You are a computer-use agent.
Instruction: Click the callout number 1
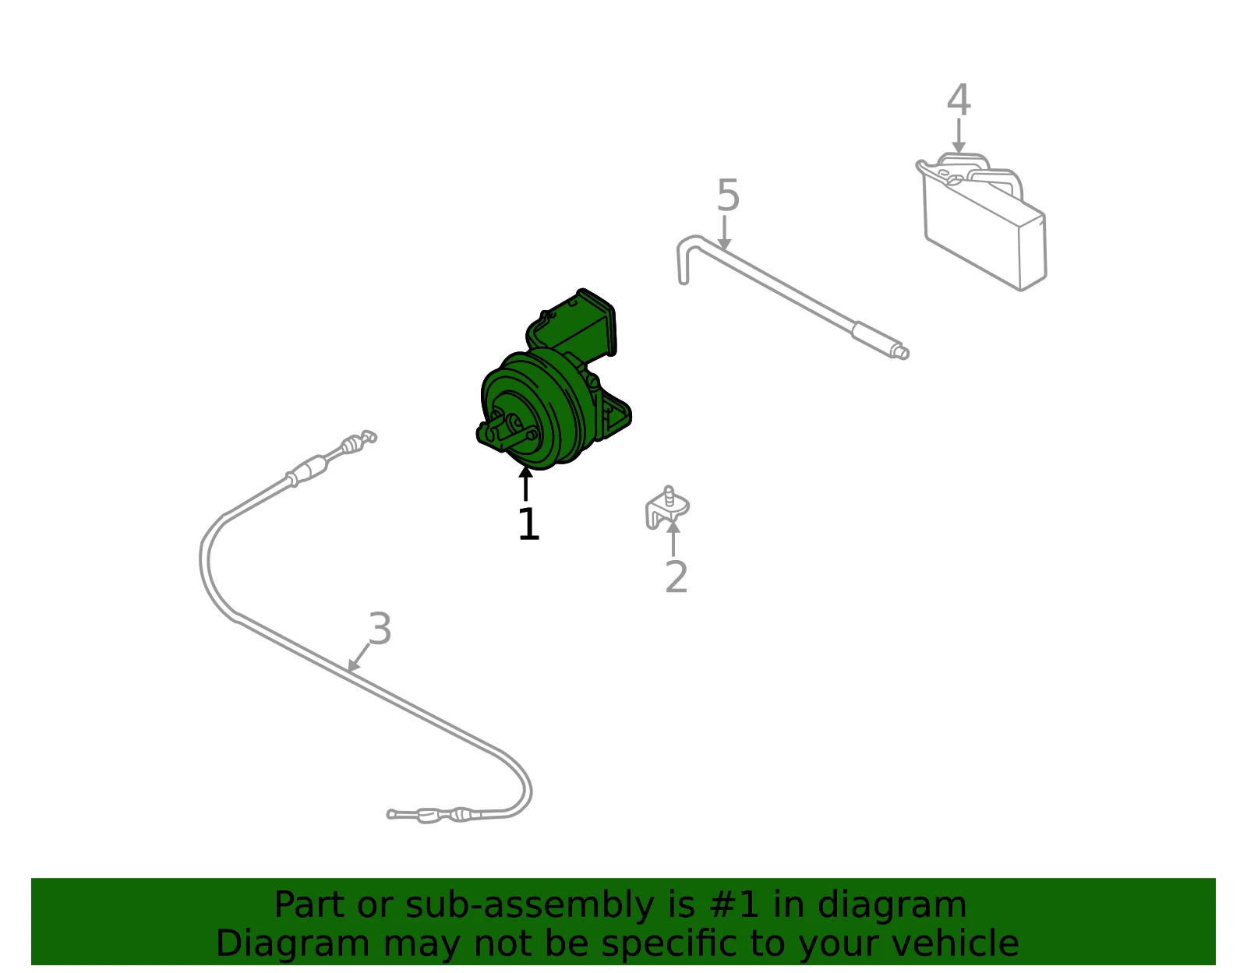[528, 524]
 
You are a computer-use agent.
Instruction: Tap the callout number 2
[676, 576]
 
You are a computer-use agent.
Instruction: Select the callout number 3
[380, 628]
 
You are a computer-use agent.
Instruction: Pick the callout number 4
[959, 99]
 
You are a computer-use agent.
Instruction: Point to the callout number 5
[728, 195]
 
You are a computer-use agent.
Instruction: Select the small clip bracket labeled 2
[666, 507]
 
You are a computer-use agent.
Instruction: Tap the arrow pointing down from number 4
[959, 136]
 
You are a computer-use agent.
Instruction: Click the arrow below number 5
[725, 233]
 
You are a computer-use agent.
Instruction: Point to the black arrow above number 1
[525, 484]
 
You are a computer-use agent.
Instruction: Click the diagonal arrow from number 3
[359, 657]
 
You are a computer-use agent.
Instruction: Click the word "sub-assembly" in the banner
[529, 904]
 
